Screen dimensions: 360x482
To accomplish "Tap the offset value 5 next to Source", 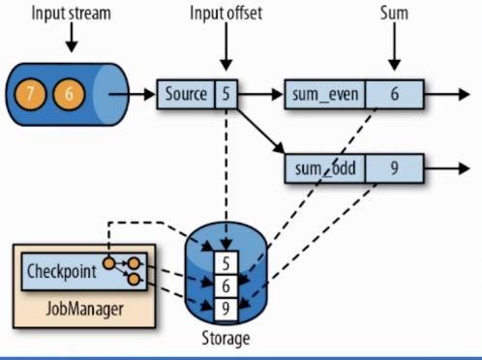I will click(x=226, y=95).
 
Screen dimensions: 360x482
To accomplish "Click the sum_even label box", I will click(x=320, y=95).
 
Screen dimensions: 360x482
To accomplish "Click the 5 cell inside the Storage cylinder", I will click(x=226, y=262).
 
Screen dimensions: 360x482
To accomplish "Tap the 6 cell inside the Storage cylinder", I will click(x=226, y=285).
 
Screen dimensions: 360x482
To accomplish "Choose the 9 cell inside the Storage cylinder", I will click(x=226, y=309).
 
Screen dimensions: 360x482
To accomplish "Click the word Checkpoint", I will click(x=62, y=271).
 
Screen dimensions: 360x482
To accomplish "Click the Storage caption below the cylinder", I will click(x=225, y=340).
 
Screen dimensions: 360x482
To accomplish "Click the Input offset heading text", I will click(x=226, y=14).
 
